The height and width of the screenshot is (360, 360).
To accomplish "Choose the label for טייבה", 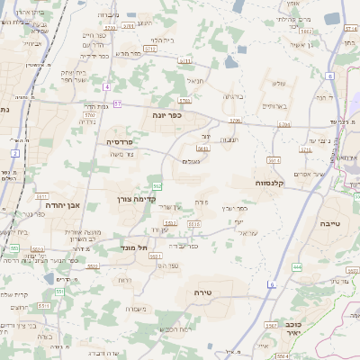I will tap(329, 222).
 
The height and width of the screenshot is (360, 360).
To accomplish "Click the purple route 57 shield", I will tap(117, 103).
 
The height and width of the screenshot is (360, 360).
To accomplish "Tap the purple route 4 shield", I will tap(106, 86).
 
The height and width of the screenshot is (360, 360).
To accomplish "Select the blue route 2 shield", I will tap(15, 154).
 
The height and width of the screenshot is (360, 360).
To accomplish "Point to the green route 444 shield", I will tap(297, 267).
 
